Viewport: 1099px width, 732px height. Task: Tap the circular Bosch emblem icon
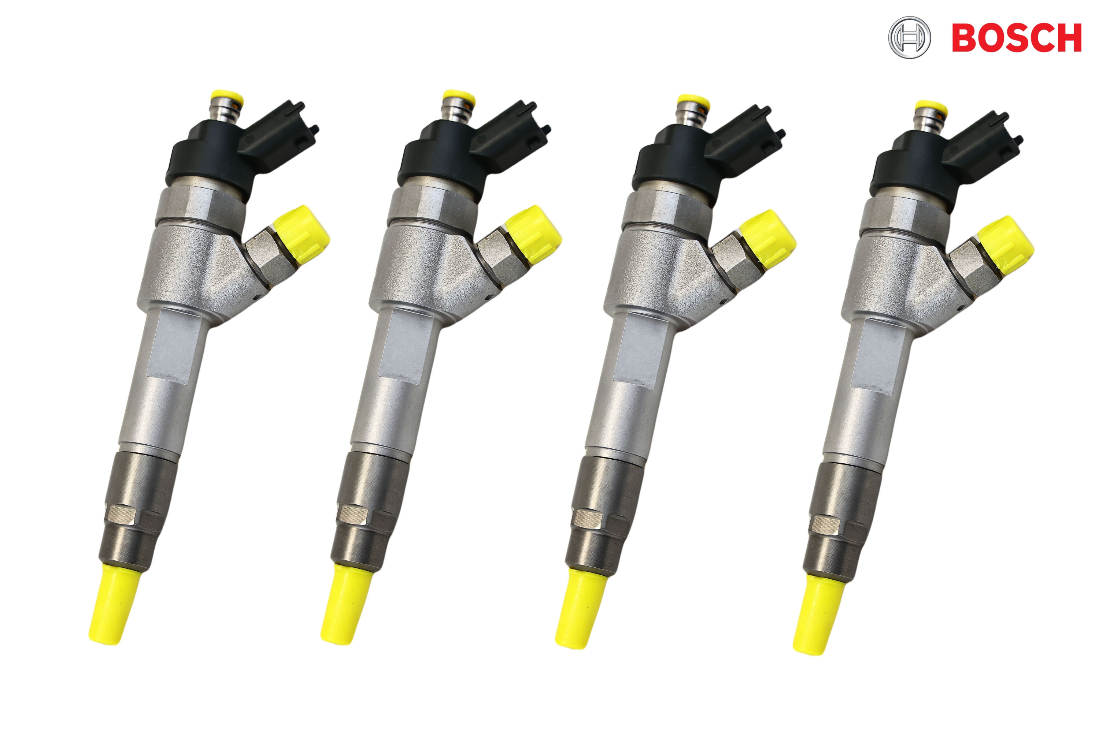coord(909,38)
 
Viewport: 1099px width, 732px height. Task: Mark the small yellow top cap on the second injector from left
coord(459,98)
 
